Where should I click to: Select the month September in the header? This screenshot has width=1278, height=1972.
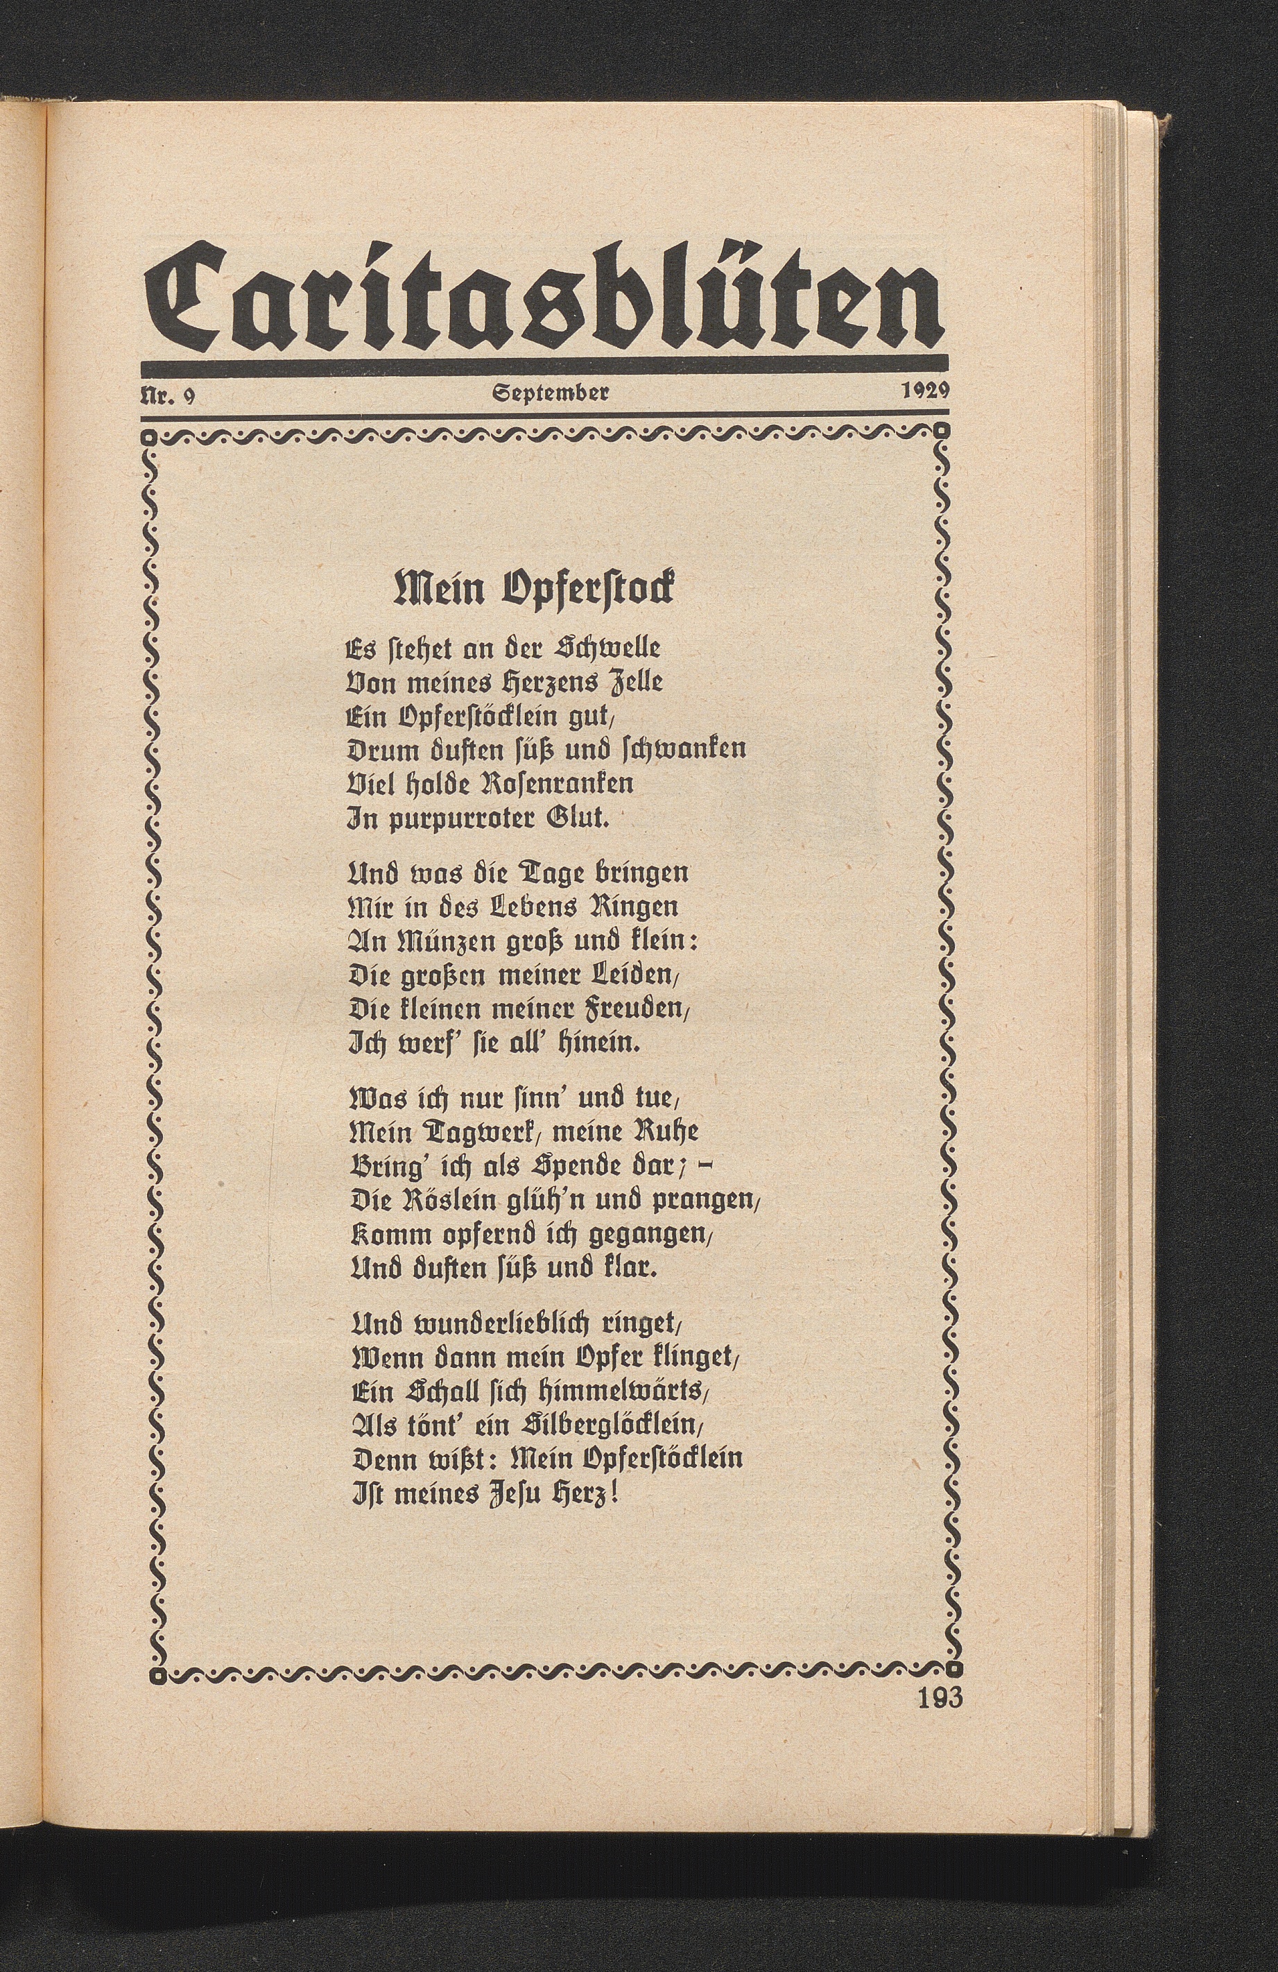551,393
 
